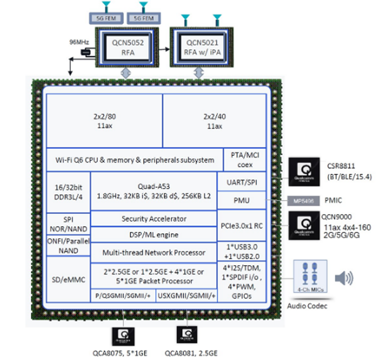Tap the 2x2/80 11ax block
click(104, 121)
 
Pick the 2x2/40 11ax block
click(215, 121)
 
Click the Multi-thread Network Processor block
click(153, 252)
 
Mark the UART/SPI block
click(244, 181)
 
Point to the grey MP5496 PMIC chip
click(302, 201)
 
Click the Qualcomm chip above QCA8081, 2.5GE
click(187, 335)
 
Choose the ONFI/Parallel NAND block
click(68, 245)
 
